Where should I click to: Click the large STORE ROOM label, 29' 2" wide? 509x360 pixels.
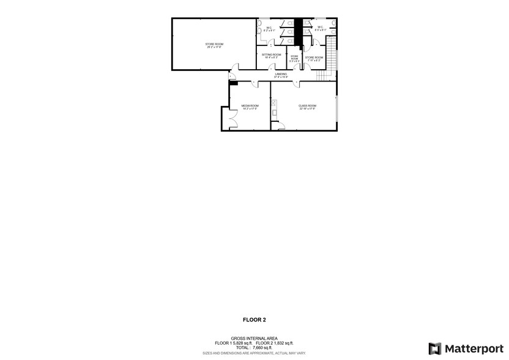tap(214, 45)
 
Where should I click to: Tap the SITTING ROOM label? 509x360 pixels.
tap(271, 56)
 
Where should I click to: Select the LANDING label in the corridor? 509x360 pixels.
tap(281, 75)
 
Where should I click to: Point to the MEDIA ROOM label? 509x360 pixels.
tap(250, 107)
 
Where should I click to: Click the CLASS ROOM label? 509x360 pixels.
tap(307, 107)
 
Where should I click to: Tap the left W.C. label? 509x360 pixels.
tap(269, 28)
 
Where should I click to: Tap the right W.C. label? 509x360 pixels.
tap(320, 28)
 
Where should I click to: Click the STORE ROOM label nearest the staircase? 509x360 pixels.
tap(314, 58)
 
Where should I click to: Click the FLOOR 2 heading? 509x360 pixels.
tap(254, 320)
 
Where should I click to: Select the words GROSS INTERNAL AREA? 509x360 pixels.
tap(254, 338)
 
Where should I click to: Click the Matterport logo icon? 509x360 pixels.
tap(435, 348)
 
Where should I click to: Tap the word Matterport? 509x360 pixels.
tap(474, 348)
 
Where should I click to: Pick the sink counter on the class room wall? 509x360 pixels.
tap(273, 108)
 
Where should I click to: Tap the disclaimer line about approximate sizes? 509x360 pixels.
tap(254, 353)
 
